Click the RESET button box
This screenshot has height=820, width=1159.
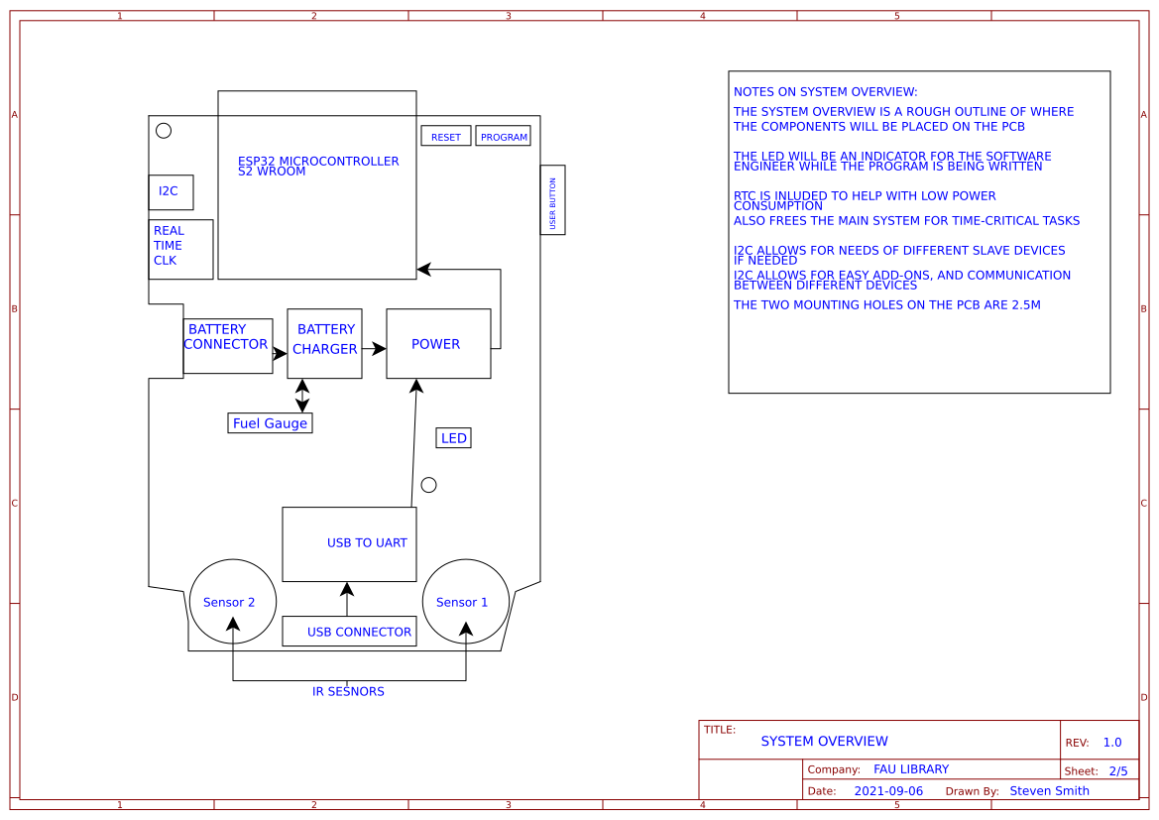446,136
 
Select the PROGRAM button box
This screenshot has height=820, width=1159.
503,136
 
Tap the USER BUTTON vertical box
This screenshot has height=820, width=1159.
552,200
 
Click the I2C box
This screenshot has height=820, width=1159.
171,192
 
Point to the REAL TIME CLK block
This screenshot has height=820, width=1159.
180,249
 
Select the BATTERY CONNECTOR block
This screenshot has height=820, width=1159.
227,346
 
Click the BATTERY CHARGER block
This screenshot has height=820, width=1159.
324,343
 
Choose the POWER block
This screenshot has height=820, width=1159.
438,344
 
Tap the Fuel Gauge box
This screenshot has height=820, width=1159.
270,423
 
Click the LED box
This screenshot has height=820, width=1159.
453,438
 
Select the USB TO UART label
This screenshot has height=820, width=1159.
367,543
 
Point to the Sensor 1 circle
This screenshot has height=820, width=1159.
465,601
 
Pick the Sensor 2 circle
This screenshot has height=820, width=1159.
232,601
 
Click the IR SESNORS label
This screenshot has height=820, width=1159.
348,692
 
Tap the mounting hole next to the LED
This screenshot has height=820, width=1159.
428,485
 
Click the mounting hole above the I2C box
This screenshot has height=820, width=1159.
164,131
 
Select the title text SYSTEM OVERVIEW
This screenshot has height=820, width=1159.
824,742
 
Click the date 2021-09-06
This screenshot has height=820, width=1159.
887,791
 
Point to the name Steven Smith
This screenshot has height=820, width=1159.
1049,791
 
